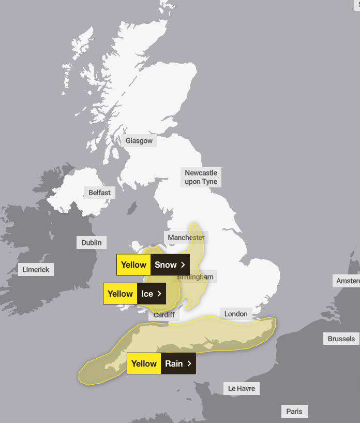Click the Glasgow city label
pos(139,141)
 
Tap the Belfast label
pos(99,193)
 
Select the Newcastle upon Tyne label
pos(201,177)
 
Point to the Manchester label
pos(186,238)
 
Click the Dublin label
pos(92,242)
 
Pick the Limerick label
pos(36,270)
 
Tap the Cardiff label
pos(164,315)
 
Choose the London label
pos(236,314)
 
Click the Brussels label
pos(341,339)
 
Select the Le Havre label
pos(242,388)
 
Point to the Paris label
pos(294,412)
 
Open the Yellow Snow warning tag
pos(153,265)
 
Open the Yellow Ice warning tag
pos(134,294)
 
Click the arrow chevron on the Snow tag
pos(183,265)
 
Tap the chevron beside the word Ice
pos(159,294)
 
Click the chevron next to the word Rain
pos(189,363)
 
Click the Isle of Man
pos(132,209)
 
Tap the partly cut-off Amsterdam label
pos(348,281)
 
